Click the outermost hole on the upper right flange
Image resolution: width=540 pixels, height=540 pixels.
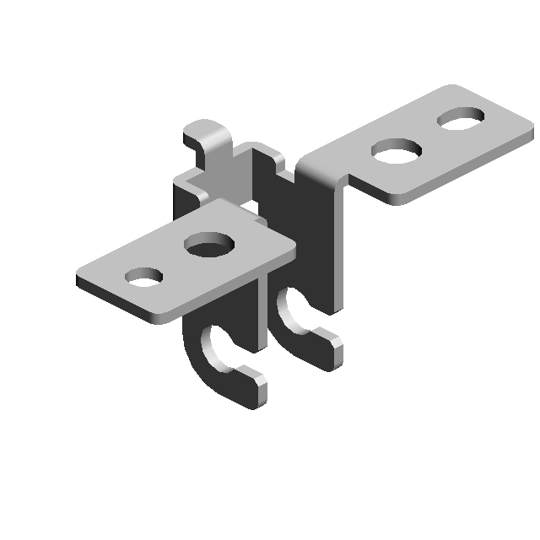click(x=461, y=117)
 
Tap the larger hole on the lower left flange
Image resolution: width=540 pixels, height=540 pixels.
click(x=210, y=246)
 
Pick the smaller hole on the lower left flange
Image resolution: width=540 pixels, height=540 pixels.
click(x=143, y=276)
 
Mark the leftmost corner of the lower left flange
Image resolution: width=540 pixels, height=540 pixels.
click(x=79, y=278)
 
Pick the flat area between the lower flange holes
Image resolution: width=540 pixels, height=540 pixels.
click(x=175, y=262)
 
